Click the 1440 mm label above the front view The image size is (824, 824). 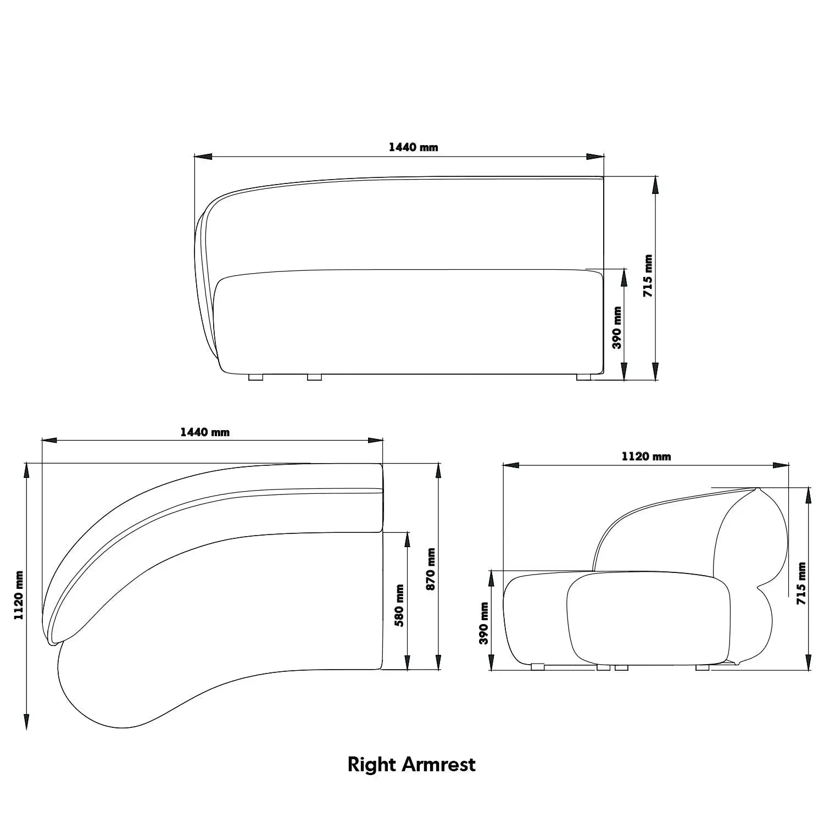point(413,147)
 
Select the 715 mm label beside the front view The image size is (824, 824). point(648,276)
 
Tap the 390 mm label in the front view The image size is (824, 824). point(617,328)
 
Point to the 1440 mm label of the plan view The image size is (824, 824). point(205,432)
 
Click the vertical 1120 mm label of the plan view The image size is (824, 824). point(19,595)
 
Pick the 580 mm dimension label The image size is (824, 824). point(399,605)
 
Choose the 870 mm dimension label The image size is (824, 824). point(431,569)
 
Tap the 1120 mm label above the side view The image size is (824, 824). point(646,456)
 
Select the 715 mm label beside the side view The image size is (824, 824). point(802,583)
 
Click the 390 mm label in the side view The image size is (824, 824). point(484,623)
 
